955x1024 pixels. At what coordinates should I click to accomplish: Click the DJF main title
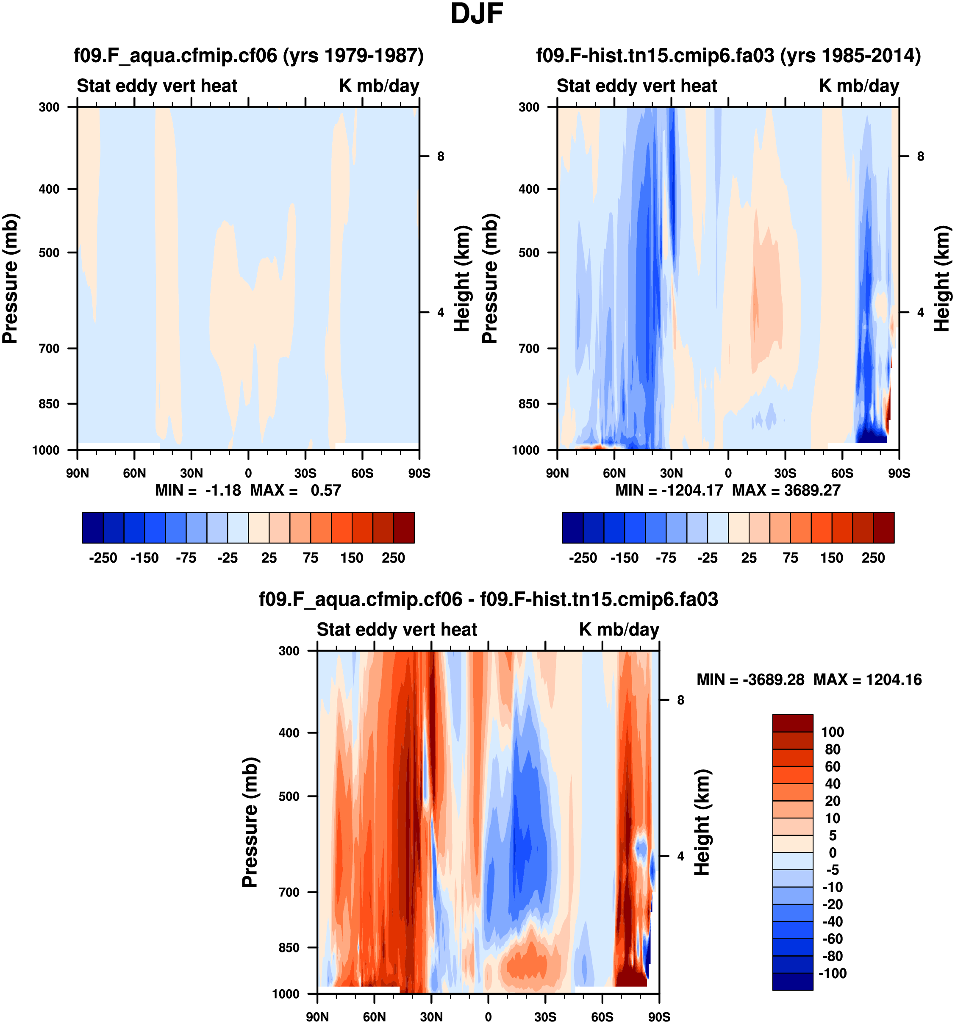click(477, 14)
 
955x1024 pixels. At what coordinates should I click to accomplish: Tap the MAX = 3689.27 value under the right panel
click(786, 490)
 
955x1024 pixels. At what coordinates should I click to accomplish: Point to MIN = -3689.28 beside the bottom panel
click(750, 680)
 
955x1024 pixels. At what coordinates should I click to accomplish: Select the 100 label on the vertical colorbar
click(833, 732)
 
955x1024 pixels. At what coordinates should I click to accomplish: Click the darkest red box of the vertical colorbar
click(792, 723)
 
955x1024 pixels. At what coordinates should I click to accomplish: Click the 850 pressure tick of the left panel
click(50, 404)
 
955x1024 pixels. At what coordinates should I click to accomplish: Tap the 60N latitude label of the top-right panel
click(614, 473)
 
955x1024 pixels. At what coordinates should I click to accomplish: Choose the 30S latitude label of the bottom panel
click(545, 1016)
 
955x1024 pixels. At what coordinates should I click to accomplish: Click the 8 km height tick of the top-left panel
click(440, 156)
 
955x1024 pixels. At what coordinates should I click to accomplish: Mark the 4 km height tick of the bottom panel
click(680, 856)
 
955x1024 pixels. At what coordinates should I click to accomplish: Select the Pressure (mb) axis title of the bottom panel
click(250, 822)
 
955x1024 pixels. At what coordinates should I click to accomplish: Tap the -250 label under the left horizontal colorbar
click(103, 558)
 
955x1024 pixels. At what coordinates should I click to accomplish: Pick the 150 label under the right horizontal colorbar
click(831, 558)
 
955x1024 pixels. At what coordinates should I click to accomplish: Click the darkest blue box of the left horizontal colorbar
click(93, 527)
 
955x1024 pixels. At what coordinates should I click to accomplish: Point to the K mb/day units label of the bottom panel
click(619, 630)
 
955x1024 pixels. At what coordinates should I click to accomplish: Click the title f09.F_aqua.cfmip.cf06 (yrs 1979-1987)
click(248, 55)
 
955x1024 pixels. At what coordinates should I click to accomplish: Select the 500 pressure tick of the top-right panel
click(529, 253)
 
